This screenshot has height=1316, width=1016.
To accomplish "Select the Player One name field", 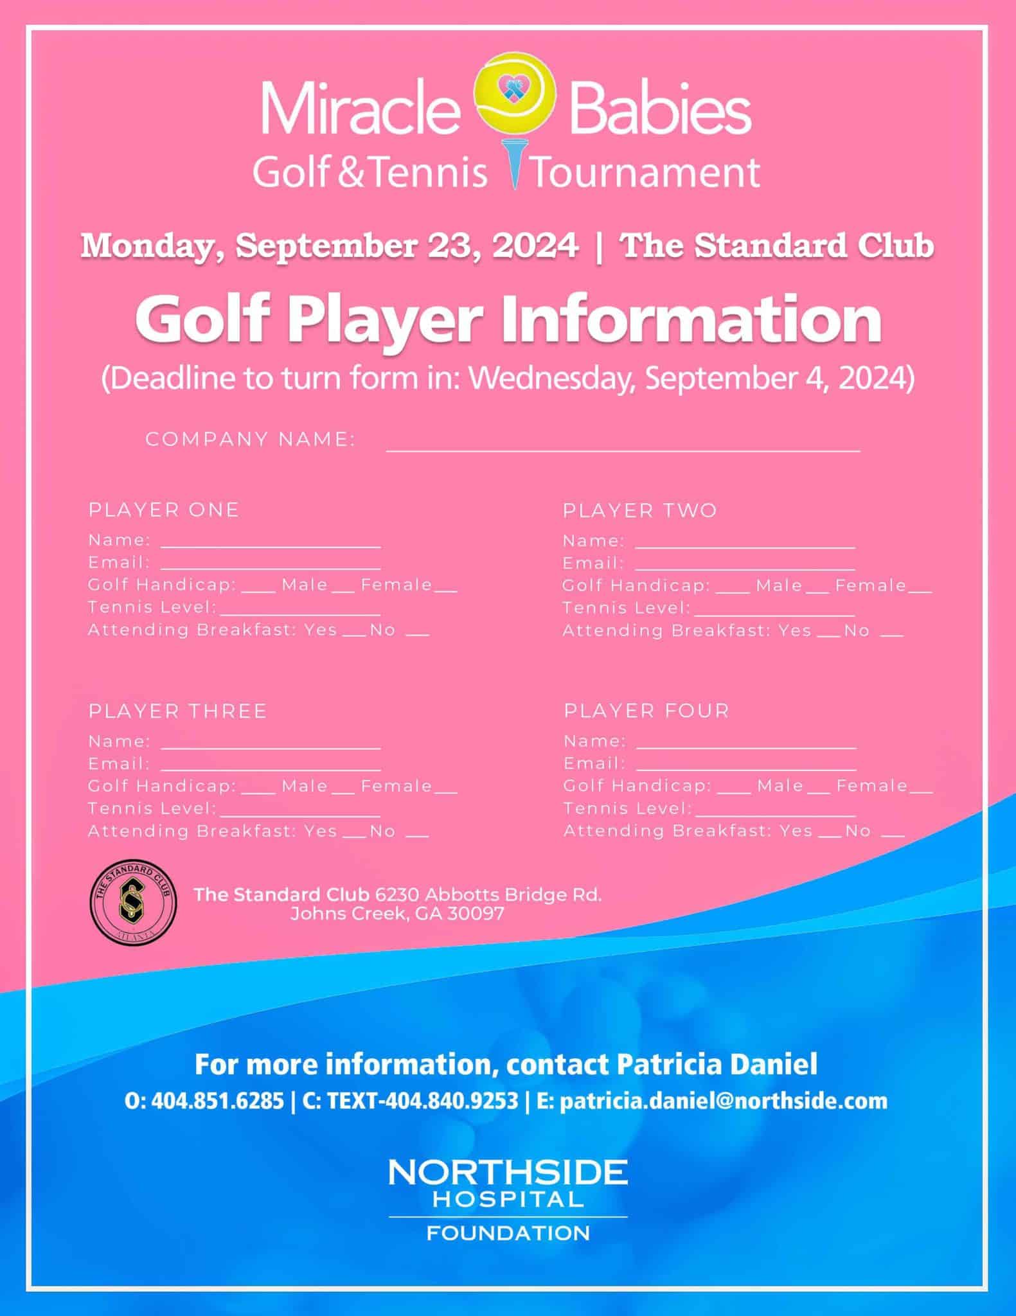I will coord(271,542).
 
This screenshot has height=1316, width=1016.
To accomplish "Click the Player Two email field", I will coord(745,565).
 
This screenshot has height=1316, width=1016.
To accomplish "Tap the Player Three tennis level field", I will coord(299,810).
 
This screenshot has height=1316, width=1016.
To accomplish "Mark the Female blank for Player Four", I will coord(922,788).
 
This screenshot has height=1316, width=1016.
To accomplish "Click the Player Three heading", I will coord(177,711).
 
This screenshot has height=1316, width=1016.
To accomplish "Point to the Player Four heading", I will coord(646,711).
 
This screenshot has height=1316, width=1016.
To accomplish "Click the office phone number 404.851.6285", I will coord(217,1101).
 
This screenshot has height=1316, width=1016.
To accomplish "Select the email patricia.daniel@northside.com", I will coord(723,1101).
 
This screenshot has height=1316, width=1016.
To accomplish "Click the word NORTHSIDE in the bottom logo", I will coord(508,1173).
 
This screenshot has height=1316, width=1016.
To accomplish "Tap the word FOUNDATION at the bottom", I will coord(508,1233).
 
